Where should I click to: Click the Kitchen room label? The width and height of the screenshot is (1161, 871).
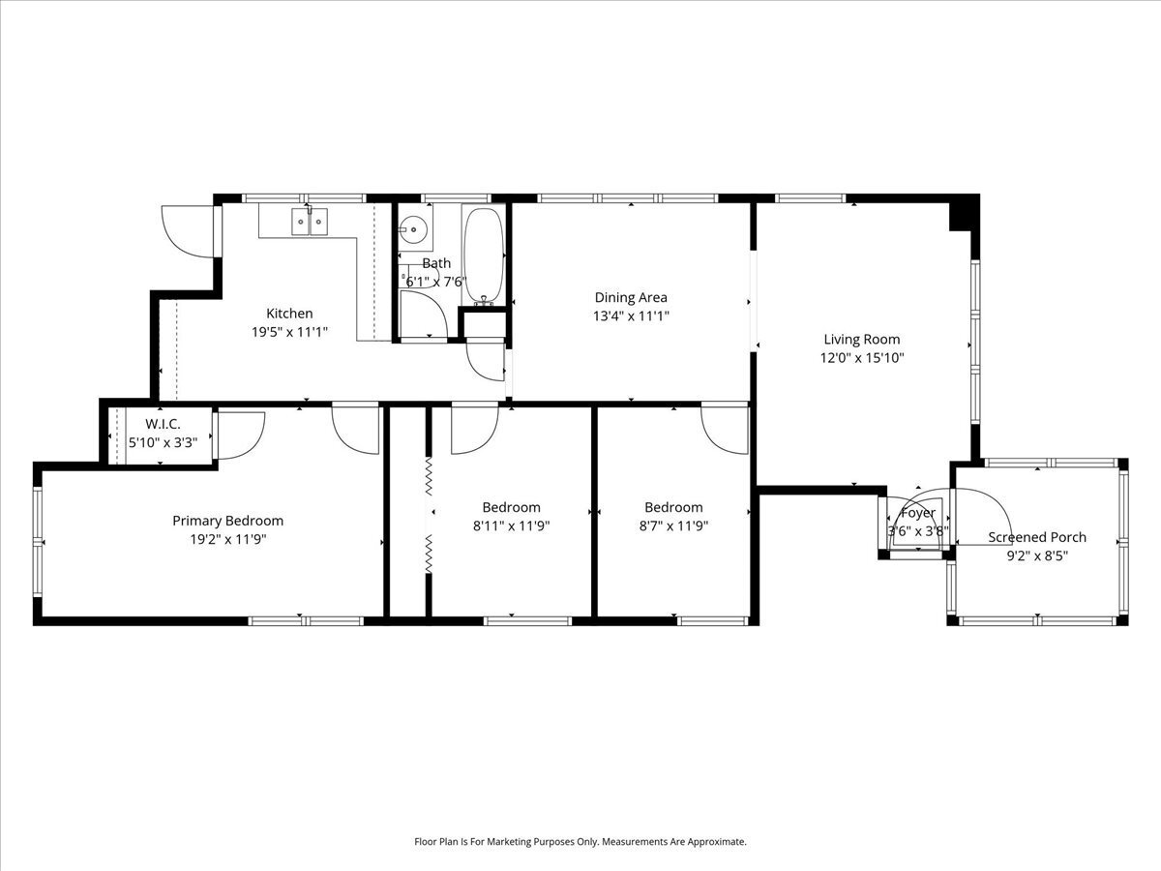289,313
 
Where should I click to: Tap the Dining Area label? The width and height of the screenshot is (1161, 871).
631,297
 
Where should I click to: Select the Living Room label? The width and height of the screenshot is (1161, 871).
862,340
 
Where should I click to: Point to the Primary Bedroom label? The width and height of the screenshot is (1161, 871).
228,521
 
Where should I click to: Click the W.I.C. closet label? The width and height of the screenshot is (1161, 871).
163,424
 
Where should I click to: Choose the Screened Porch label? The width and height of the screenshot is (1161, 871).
1037,537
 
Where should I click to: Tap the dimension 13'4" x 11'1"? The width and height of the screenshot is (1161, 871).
631,316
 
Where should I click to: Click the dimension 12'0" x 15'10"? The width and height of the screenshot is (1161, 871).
862,358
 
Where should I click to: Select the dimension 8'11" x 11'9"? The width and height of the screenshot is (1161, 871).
511,526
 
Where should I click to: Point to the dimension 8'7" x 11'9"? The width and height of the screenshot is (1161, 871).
673,526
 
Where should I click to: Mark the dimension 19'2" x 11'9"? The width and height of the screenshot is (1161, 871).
228,540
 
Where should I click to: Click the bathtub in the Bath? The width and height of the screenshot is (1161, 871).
484,255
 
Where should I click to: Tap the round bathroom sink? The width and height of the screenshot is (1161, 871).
413,230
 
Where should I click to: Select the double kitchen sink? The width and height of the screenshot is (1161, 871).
310,221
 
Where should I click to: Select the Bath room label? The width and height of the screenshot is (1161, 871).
436,263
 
